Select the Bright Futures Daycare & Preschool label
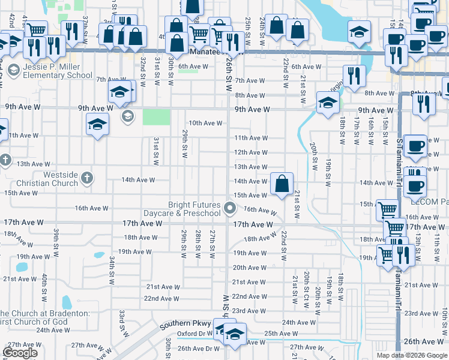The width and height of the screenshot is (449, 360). [182, 209]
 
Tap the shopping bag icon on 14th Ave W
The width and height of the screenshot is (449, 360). [282, 184]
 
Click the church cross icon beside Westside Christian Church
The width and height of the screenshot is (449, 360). [87, 178]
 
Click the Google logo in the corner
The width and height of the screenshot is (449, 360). [20, 353]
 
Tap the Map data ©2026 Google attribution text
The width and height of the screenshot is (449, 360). [412, 355]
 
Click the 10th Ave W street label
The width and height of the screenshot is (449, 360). [206, 124]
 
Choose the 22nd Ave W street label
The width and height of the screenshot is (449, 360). [162, 298]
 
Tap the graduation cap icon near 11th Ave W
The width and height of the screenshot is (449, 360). [97, 125]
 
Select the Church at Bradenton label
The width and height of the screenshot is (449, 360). [44, 317]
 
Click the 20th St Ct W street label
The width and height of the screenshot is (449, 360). [306, 285]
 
